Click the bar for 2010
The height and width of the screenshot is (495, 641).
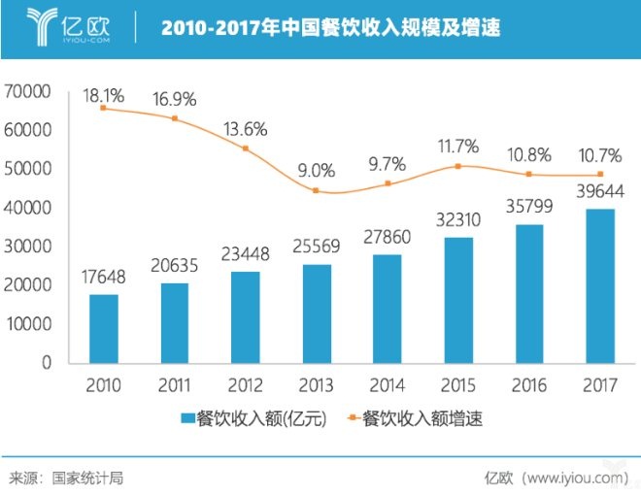[103, 328]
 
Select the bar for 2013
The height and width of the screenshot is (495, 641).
[316, 313]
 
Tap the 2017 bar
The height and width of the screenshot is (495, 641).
[600, 285]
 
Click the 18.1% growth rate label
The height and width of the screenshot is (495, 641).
[103, 96]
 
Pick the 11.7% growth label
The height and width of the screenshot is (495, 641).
[458, 147]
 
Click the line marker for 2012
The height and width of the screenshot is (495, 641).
[245, 148]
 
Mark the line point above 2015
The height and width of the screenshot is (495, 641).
[458, 166]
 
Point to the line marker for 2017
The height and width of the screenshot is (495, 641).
[600, 175]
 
